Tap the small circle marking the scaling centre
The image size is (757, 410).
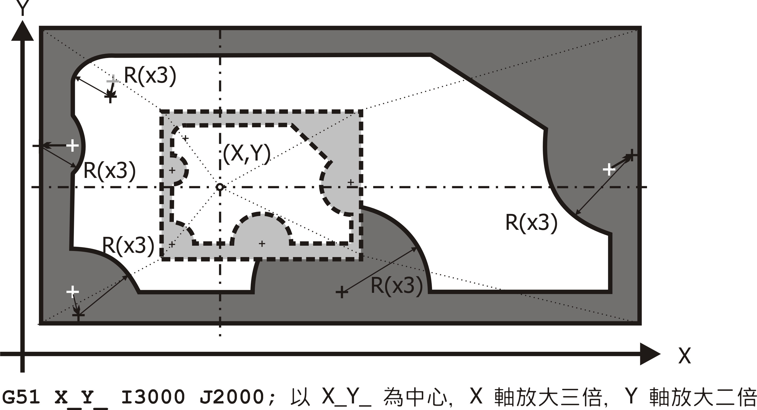(x=220, y=187)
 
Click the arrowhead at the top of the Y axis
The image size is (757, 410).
(x=22, y=31)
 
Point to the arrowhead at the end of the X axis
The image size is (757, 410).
(x=650, y=354)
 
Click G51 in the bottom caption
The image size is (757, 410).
(x=21, y=397)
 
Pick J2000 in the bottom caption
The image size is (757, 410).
(x=232, y=397)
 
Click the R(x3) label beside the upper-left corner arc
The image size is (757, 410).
(x=150, y=76)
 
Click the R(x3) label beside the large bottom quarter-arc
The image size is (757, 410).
(x=396, y=286)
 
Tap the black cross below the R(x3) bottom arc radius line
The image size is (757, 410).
(x=341, y=292)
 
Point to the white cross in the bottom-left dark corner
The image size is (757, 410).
(x=73, y=291)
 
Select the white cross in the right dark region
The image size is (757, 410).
(x=609, y=170)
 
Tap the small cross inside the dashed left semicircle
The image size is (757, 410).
(x=172, y=170)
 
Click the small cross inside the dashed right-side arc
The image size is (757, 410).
(x=350, y=182)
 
